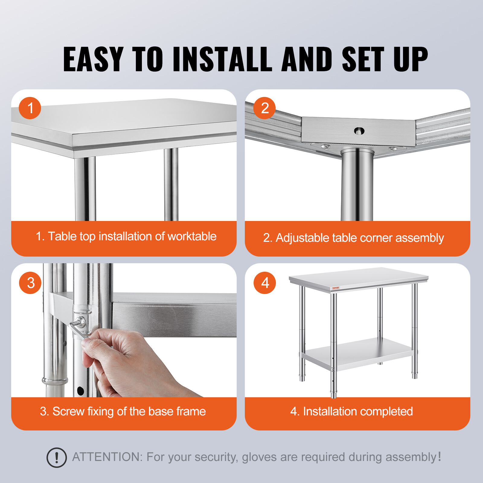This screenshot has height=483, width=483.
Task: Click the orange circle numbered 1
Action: [30, 108]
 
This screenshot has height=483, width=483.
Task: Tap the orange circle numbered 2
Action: [264, 108]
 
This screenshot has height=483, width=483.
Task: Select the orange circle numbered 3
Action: [30, 283]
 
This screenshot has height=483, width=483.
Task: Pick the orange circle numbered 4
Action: [265, 283]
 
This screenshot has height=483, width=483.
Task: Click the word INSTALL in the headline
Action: [222, 59]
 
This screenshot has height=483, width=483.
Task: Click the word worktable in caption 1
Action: [192, 236]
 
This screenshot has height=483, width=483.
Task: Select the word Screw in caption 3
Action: [68, 411]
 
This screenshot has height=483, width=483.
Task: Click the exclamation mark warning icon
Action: [56, 458]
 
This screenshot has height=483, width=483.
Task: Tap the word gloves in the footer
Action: [259, 457]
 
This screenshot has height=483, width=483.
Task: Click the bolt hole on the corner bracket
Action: [359, 131]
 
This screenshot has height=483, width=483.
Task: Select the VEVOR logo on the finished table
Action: [335, 288]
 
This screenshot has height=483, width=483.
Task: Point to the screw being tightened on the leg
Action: [81, 321]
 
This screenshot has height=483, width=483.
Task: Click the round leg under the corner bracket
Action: [357, 187]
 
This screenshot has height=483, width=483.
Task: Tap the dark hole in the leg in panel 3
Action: [80, 391]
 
